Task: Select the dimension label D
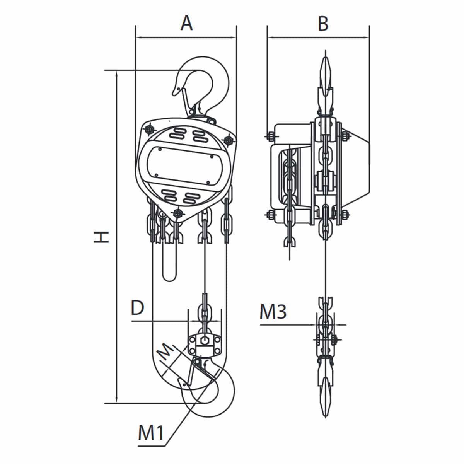138,308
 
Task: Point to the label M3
273,312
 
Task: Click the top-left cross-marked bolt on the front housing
149,130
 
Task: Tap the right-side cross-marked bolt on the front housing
228,140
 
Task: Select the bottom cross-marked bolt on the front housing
177,213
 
